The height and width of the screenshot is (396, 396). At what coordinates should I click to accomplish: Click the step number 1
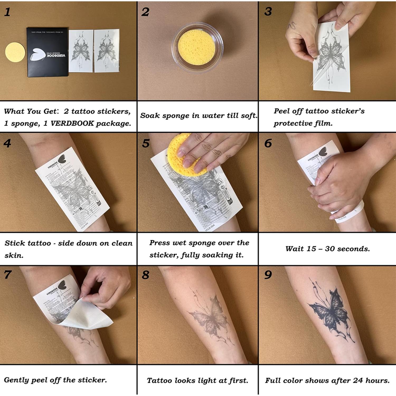point(7,12)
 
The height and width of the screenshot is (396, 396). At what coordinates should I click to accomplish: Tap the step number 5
point(146,143)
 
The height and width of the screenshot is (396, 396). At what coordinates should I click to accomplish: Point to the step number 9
point(268,275)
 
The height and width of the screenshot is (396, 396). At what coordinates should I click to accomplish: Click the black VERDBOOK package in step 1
point(48,52)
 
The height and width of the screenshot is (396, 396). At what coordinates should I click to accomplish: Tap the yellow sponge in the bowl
point(196,47)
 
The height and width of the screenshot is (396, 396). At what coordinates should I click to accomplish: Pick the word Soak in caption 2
point(150,116)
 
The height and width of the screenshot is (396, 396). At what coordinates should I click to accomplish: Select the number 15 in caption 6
point(311,249)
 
